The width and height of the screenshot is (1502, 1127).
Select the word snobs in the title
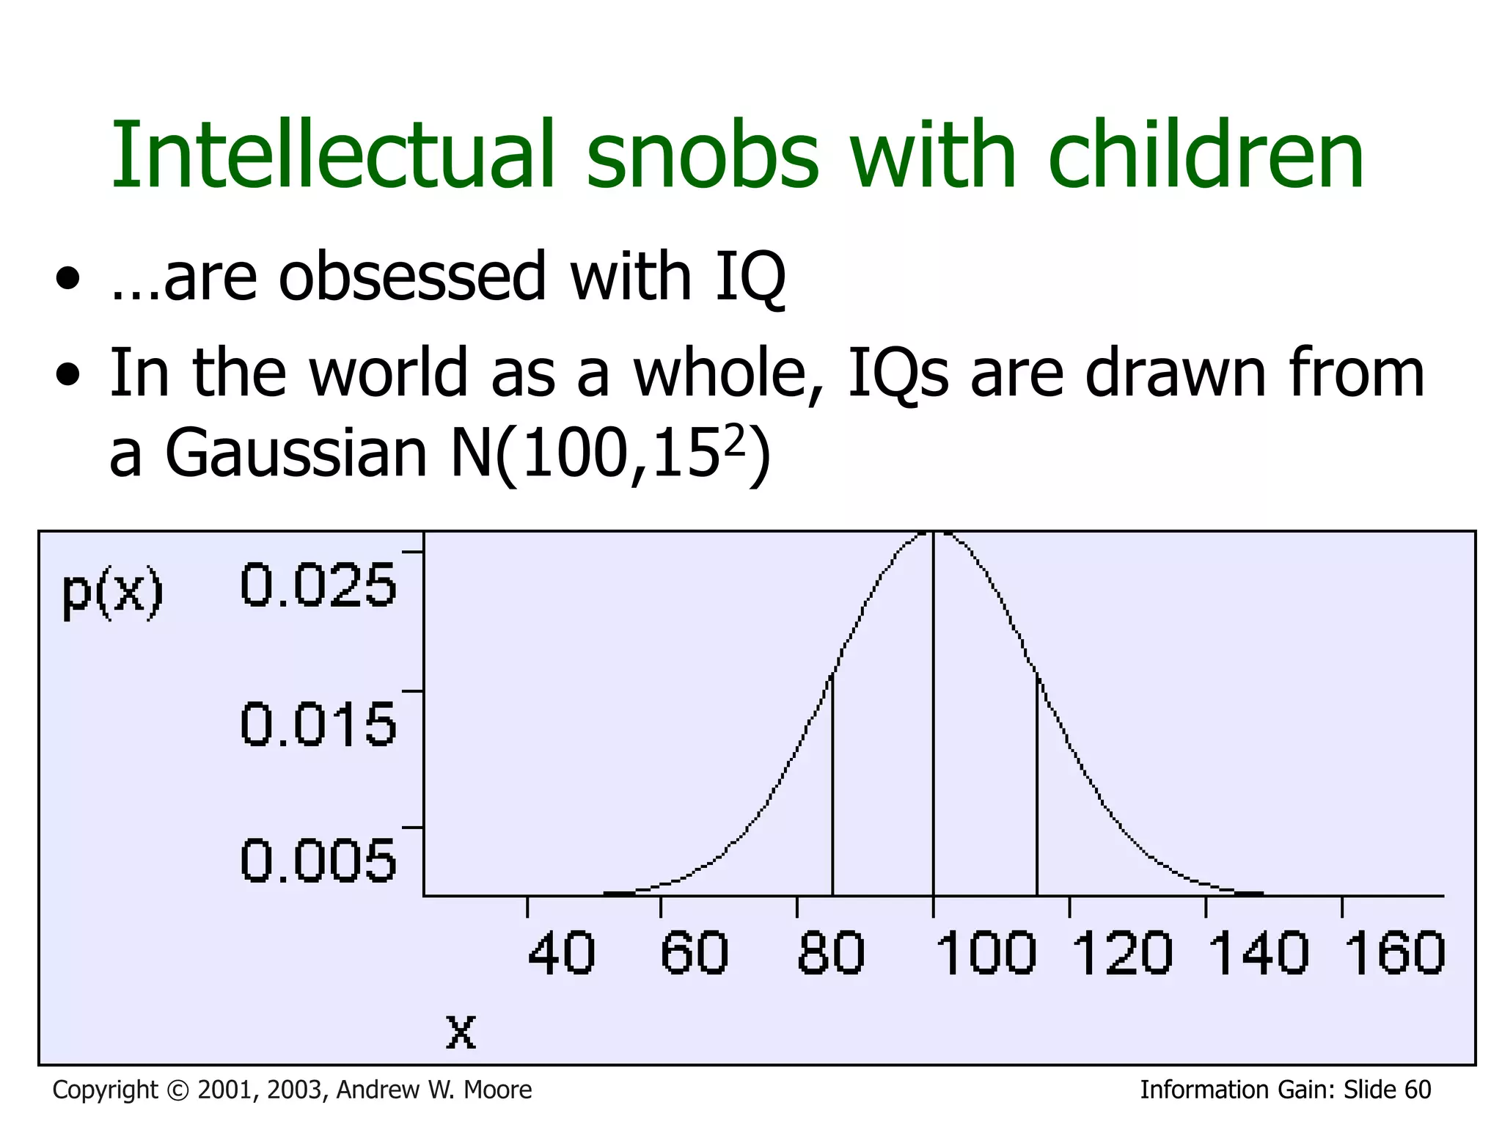point(702,156)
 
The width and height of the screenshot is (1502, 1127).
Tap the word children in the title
point(1206,156)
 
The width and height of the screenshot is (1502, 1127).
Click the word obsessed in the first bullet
point(412,277)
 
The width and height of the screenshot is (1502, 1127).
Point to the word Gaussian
point(296,453)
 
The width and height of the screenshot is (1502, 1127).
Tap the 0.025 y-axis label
point(318,585)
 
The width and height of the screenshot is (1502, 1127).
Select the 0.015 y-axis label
point(318,724)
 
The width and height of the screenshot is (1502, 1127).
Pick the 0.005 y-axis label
point(318,860)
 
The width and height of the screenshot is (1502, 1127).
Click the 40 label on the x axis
point(561,953)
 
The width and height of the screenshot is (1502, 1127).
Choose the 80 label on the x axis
point(831,953)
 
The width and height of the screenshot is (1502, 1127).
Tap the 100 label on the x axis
point(986,953)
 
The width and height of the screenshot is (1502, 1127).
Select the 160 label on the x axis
point(1394,953)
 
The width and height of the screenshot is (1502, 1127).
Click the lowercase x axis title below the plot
point(461,1032)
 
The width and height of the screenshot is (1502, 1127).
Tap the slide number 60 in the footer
point(1418,1090)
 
